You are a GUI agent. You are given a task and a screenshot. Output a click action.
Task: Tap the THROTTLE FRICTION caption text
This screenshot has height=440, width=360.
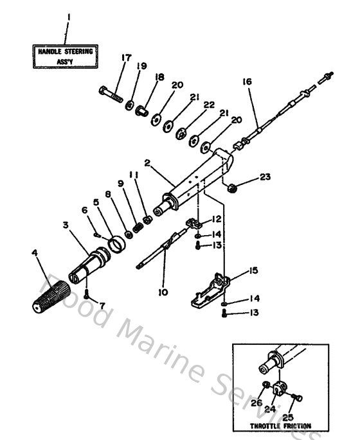click(281, 425)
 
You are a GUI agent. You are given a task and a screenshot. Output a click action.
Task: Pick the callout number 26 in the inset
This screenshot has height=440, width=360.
click(256, 404)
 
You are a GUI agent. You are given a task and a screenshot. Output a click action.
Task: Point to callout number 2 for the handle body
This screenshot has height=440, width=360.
click(148, 164)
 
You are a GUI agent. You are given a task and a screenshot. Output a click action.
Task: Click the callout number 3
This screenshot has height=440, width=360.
click(66, 226)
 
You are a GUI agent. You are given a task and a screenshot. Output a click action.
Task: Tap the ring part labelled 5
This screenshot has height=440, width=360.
click(116, 244)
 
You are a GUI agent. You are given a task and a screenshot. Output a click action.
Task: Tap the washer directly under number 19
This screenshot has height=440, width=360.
click(130, 103)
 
